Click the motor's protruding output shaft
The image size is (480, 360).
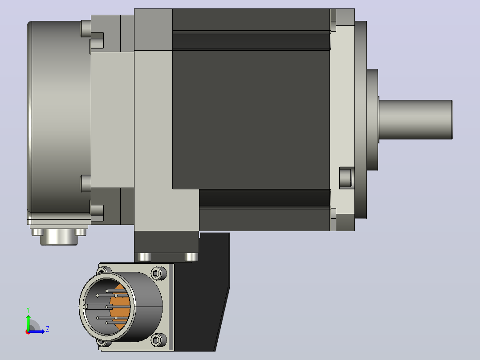click(416, 119)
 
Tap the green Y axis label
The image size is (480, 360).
click(28, 310)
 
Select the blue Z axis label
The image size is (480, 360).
click(48, 329)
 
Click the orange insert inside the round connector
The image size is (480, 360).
click(121, 307)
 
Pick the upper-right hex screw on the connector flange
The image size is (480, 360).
click(157, 273)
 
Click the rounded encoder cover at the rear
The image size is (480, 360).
click(59, 117)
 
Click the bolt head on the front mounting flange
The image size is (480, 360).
click(346, 177)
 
